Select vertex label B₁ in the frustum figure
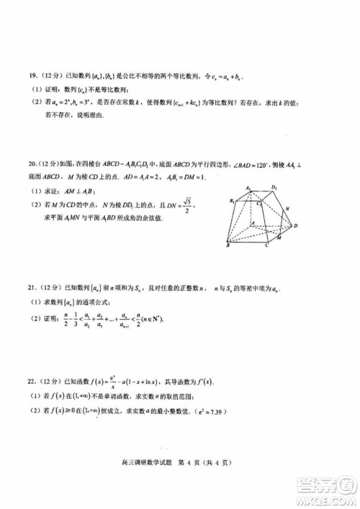click(x=232, y=201)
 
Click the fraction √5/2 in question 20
click(x=188, y=206)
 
